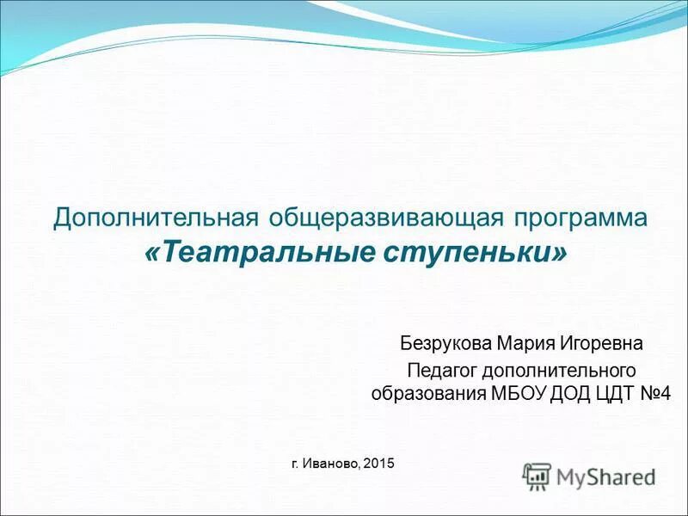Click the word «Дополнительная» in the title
coord(138,218)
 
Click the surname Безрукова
coord(445,344)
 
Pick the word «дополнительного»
coord(558,371)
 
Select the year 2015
coord(378,464)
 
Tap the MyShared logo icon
coord(537,476)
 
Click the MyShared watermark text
coord(605,476)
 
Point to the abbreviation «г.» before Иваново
coord(296,464)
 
